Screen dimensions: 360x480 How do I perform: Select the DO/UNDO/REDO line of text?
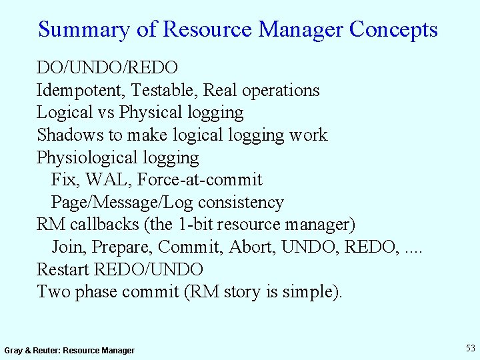point(107,67)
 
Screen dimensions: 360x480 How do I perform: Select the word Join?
point(68,247)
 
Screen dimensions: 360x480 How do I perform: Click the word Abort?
point(252,247)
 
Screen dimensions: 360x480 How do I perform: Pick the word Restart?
point(63,270)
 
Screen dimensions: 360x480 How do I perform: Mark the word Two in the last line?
point(52,292)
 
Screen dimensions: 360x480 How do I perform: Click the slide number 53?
point(471,348)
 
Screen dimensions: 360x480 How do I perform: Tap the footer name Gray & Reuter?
point(31,351)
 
